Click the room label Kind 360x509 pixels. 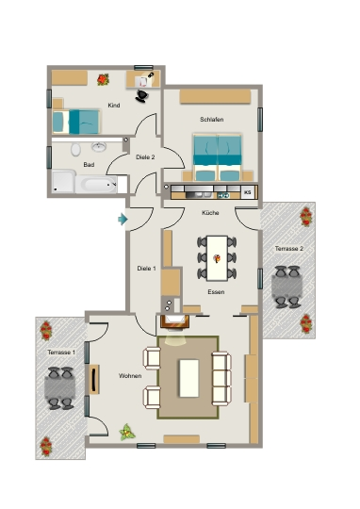coord(114,106)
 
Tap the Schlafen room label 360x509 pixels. coord(212,120)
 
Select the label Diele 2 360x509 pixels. coord(145,157)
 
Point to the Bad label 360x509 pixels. coord(89,165)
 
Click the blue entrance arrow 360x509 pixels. coord(123,219)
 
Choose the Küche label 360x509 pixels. coord(210,213)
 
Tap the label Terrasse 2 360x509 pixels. coord(289,249)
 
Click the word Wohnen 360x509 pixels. coord(130,376)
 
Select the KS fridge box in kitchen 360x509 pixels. coord(248,192)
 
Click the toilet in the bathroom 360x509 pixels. coord(75,150)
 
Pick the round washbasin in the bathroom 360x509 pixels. coord(98,147)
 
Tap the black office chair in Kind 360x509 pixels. coord(142,96)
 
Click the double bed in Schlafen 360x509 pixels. coord(217,157)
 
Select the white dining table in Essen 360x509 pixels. coord(217,258)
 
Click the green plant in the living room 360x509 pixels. coord(127,432)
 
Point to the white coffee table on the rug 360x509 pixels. coord(188,378)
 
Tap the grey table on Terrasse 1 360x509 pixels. coord(59,387)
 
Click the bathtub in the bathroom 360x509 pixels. coord(96,185)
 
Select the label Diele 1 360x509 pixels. coord(146,269)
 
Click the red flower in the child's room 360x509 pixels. coord(103,79)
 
